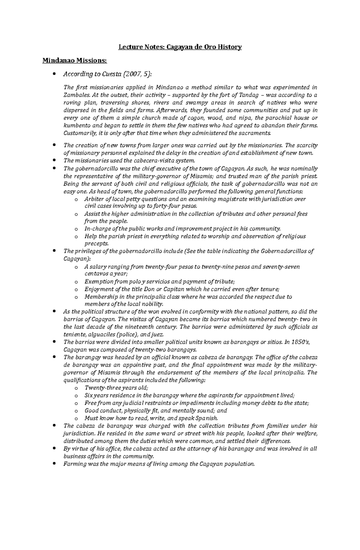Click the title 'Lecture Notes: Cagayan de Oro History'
pos(180,47)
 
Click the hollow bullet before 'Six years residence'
pos(76,396)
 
